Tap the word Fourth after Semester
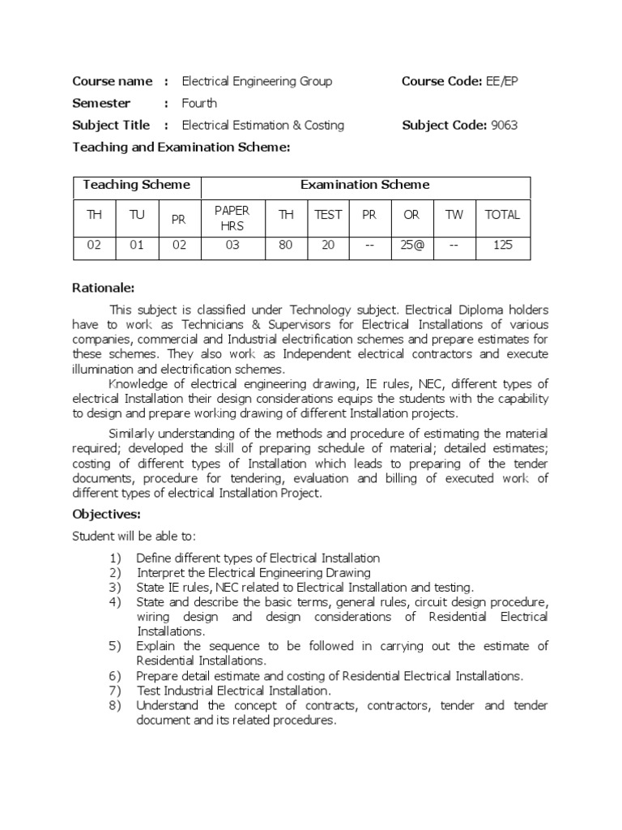199,103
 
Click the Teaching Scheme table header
136,185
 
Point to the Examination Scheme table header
365,185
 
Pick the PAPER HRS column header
232,218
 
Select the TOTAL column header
502,215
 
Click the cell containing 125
502,245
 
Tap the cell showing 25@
411,245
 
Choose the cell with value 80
285,245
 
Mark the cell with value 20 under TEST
328,245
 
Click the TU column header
136,215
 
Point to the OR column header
411,215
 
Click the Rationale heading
104,288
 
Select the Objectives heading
107,514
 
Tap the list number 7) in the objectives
113,691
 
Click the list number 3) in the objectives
113,587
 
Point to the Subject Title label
111,125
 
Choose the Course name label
112,81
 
